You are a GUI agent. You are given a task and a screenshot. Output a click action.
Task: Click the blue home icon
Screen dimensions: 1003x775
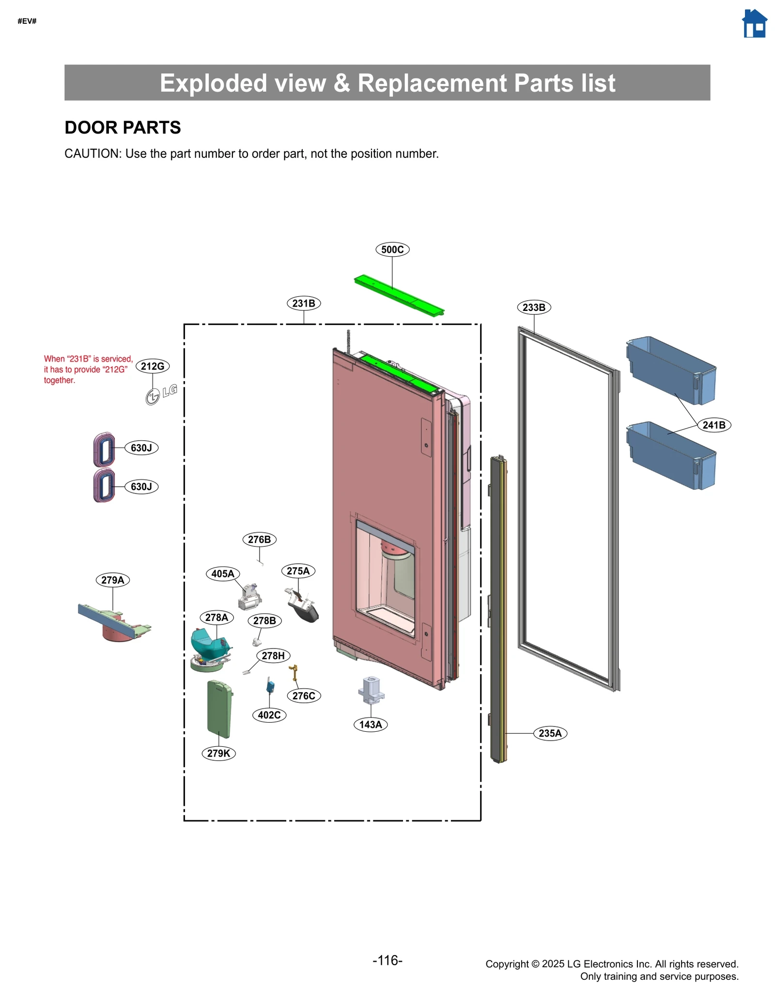754,24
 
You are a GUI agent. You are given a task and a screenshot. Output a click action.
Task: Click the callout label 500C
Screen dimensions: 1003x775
392,249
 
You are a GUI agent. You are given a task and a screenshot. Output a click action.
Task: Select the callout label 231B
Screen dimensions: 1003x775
304,303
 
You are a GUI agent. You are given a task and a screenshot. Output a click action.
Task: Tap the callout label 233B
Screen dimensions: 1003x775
534,307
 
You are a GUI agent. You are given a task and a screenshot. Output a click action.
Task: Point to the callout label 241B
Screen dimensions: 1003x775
714,425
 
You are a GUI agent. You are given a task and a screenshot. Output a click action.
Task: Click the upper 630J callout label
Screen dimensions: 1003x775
141,447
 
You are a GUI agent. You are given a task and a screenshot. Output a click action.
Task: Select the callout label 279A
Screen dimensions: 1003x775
113,580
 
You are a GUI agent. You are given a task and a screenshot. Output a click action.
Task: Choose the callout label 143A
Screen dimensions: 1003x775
371,725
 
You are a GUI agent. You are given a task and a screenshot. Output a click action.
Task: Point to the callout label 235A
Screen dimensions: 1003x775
550,733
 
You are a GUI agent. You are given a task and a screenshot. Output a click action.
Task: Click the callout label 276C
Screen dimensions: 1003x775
304,695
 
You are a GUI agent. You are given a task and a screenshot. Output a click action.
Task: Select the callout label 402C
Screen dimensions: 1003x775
269,715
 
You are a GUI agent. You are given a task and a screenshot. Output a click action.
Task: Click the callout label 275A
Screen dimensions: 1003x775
298,571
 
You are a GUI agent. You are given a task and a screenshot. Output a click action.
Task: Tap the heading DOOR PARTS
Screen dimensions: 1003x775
123,127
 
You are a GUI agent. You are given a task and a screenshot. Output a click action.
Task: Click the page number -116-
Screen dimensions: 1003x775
387,960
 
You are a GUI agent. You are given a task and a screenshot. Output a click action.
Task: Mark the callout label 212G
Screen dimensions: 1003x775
153,366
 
